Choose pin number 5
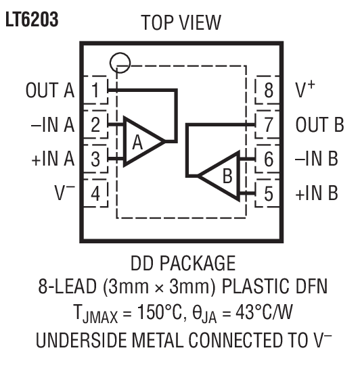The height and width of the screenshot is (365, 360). [x=269, y=194]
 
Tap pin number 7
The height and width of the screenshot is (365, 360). [x=269, y=125]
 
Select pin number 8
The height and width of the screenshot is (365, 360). [x=269, y=91]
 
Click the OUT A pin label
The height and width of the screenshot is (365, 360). [x=49, y=91]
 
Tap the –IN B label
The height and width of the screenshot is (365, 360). [x=316, y=160]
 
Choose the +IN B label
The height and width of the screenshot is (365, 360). [x=316, y=194]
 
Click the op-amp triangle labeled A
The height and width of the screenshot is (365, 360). [x=139, y=142]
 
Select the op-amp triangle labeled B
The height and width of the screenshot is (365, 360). [x=223, y=176]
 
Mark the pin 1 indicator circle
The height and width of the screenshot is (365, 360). [x=119, y=62]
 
